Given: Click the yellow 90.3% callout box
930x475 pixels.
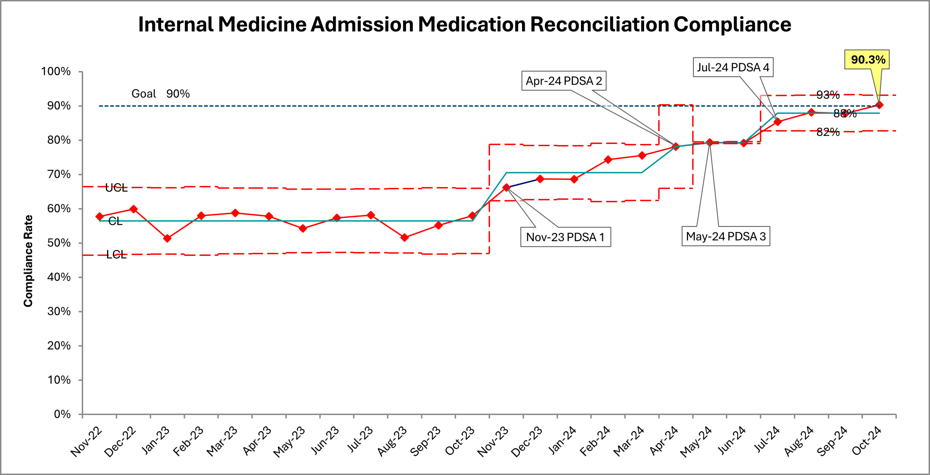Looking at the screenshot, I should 867,60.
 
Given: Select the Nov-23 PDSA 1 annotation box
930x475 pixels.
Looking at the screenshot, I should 565,237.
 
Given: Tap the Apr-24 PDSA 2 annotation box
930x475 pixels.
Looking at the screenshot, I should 563,81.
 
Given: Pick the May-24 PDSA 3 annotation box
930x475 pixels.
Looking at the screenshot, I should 725,237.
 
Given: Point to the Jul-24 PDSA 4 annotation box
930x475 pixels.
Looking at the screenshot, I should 733,67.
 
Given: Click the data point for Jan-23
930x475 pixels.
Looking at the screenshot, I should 167,238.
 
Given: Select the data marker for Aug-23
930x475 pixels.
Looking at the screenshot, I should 404,238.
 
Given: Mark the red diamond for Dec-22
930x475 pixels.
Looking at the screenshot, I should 133,209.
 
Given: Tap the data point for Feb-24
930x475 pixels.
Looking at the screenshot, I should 608,160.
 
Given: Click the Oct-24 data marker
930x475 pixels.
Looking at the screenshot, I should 879,105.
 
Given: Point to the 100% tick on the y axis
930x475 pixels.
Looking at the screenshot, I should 56,72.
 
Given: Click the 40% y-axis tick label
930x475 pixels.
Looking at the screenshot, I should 59,277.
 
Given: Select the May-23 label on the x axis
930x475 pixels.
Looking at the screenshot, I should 289,441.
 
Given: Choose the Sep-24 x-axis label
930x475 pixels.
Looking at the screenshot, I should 832,441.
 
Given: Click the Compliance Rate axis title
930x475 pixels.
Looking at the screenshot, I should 28,261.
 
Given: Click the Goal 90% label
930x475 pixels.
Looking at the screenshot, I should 160,94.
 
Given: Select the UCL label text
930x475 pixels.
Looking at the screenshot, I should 116,188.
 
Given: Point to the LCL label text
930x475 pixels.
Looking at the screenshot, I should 116,254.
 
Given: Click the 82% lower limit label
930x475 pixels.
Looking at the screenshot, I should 828,132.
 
